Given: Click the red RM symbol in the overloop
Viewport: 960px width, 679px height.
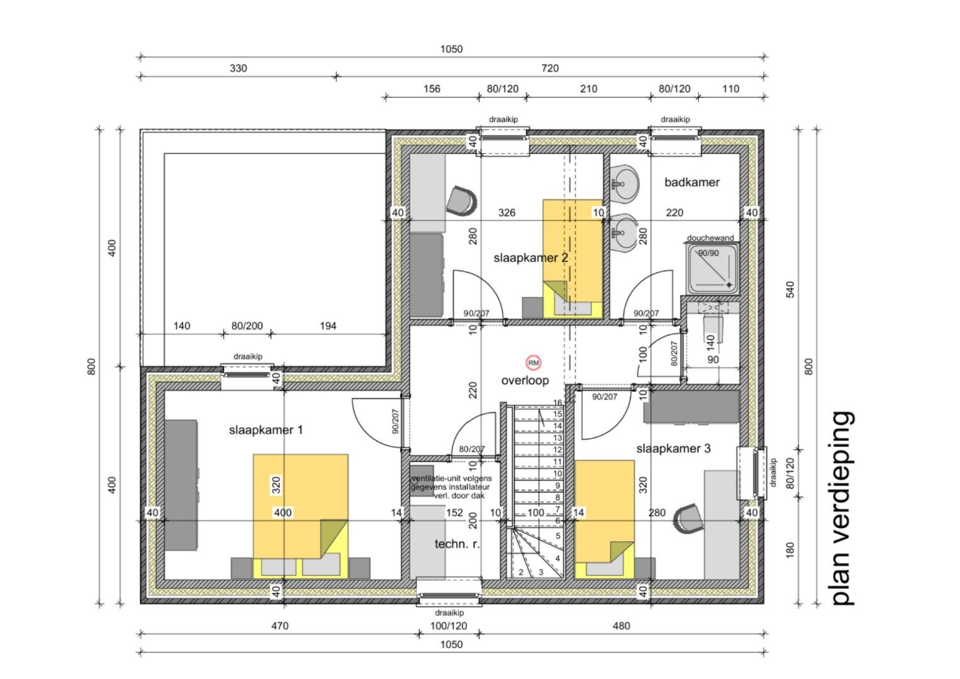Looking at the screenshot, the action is click(x=533, y=363).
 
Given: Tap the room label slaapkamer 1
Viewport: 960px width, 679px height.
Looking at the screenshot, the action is click(x=266, y=430).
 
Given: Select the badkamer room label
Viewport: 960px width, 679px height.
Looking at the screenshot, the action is click(x=692, y=182).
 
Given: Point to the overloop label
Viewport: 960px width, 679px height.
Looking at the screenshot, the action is click(x=525, y=380).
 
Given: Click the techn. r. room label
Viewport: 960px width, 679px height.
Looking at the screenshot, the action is click(x=457, y=544).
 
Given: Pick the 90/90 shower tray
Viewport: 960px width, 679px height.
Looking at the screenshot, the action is click(x=712, y=269).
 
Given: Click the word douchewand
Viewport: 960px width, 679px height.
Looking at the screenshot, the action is click(x=710, y=238).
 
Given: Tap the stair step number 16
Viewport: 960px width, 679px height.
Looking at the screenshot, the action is click(x=557, y=402).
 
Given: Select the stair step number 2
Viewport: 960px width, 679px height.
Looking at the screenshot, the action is click(x=521, y=572).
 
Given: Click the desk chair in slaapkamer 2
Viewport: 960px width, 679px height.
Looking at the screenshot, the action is click(x=461, y=200).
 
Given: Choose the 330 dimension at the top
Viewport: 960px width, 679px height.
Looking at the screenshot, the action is click(x=238, y=68).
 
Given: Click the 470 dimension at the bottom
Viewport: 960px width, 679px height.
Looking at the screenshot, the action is click(x=279, y=626).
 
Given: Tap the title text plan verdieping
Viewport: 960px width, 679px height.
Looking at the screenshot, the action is click(x=842, y=509).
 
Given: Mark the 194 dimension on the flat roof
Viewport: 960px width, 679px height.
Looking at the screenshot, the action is click(x=328, y=326).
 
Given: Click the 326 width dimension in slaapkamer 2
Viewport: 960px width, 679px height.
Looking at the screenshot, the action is click(x=507, y=213).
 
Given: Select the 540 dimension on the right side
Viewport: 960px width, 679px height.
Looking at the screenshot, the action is click(x=790, y=289).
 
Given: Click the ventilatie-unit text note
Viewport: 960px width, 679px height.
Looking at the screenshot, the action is click(x=451, y=487).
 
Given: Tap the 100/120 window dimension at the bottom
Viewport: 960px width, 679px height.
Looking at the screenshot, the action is click(x=448, y=626).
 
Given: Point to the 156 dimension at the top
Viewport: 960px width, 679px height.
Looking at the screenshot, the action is click(x=431, y=89).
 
